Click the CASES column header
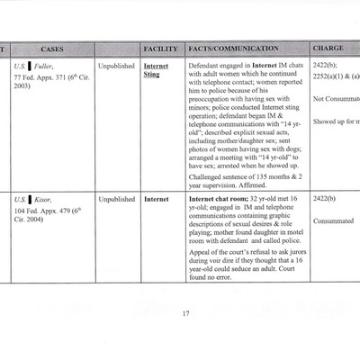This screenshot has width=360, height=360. (51, 47)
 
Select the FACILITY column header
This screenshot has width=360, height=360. (160, 47)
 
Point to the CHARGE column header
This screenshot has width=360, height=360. (329, 47)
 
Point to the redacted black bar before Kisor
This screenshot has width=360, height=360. (30, 198)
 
